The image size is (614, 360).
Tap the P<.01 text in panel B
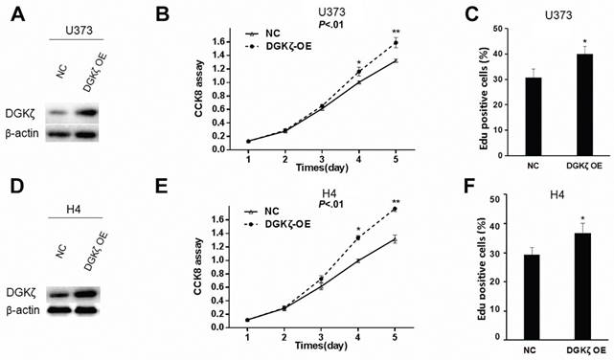tap(304, 26)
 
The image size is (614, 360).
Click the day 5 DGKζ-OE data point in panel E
tap(394, 209)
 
